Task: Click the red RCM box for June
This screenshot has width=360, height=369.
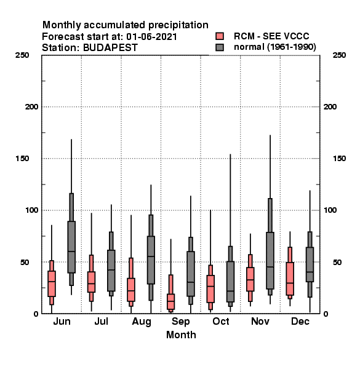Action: [x=52, y=284]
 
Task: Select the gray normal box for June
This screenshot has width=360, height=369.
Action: [x=71, y=247]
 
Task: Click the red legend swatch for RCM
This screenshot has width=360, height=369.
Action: [x=220, y=36]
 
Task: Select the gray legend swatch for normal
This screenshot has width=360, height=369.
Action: [x=220, y=47]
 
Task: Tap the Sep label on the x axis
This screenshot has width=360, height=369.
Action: [x=180, y=322]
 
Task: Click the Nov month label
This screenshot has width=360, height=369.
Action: [x=260, y=321]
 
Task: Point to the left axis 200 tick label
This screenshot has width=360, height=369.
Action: [x=31, y=106]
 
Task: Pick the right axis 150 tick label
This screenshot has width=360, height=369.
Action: [x=339, y=159]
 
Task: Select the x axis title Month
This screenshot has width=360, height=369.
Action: [x=181, y=335]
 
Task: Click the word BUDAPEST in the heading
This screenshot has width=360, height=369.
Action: [x=110, y=48]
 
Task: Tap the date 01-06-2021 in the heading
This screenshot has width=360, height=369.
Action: [x=151, y=37]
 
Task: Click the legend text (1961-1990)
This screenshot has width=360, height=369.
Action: [x=292, y=47]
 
